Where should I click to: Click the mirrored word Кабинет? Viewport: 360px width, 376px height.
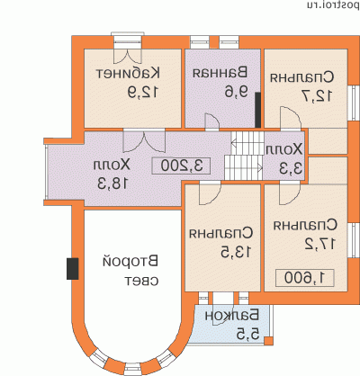click(x=128, y=74)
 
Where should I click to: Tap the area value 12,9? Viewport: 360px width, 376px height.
click(x=142, y=93)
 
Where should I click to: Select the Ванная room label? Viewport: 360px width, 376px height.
click(x=220, y=72)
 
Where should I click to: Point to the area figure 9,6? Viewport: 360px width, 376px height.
click(x=237, y=92)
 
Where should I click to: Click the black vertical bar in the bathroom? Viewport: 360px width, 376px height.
click(x=257, y=111)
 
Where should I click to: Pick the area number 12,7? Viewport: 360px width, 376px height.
click(x=318, y=96)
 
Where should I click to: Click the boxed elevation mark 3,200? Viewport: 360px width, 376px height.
click(x=182, y=166)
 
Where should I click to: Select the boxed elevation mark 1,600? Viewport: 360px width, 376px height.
click(x=304, y=278)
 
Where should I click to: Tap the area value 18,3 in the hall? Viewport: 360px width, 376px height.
click(x=113, y=184)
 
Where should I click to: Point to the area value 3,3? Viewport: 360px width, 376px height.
click(x=291, y=169)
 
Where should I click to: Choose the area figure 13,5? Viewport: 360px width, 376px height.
click(x=236, y=253)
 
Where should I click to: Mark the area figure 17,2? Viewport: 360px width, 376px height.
click(x=320, y=245)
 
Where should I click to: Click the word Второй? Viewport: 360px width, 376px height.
click(x=130, y=262)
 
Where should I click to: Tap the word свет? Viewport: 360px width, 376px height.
click(x=142, y=282)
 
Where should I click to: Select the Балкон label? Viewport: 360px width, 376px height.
click(x=232, y=316)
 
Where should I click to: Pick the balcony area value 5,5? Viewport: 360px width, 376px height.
click(x=247, y=335)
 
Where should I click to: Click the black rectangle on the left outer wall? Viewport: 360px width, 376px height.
click(x=73, y=269)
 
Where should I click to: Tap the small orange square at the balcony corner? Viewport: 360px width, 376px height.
click(x=268, y=341)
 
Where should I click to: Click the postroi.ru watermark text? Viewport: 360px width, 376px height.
click(x=333, y=5)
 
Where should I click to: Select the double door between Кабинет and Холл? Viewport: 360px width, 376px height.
click(x=144, y=140)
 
